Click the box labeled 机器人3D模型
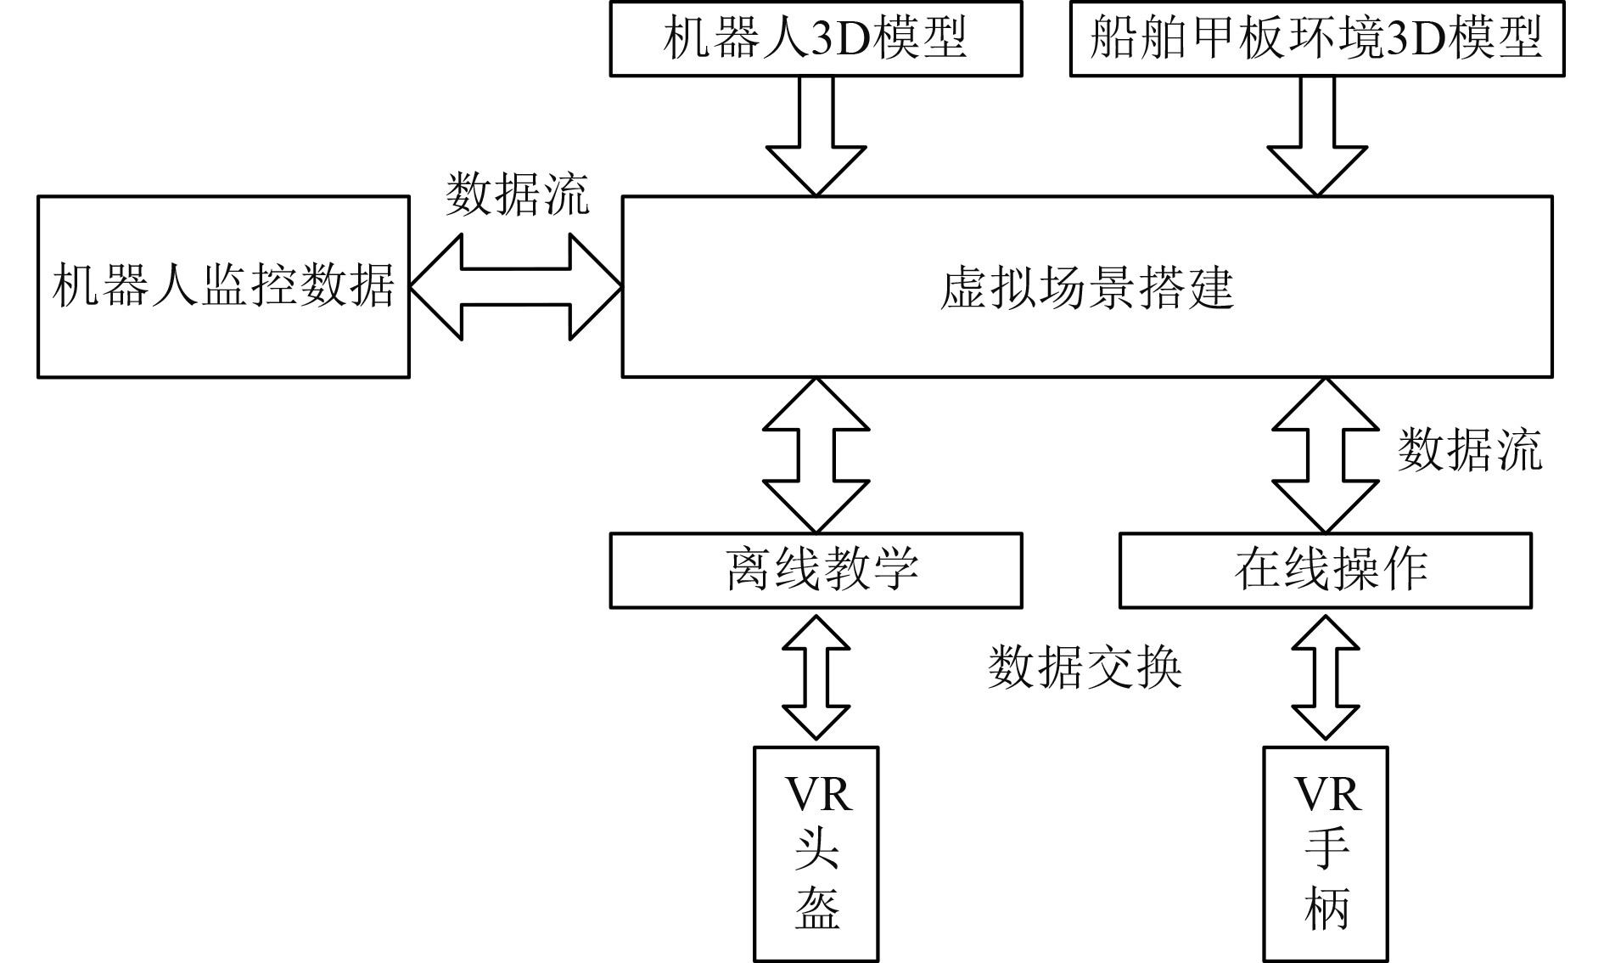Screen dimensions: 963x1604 coord(816,39)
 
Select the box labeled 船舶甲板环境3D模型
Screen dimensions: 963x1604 coord(1316,39)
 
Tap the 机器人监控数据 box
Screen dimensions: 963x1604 coord(223,286)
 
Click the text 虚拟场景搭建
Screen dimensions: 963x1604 coord(1087,288)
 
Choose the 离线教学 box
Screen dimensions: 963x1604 coord(816,570)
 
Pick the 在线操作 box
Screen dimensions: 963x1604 coord(1326,570)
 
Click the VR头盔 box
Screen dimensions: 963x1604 coord(816,853)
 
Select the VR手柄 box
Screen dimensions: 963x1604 coord(1326,853)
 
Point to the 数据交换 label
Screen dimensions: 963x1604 coord(1085,667)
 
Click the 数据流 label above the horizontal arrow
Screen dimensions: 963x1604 coord(518,194)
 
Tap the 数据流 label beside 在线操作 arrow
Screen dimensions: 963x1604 coord(1470,449)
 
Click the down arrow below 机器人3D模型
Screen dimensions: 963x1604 coord(816,140)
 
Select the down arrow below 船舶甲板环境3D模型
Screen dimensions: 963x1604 coord(1317,140)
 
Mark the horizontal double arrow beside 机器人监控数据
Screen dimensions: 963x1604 coord(516,287)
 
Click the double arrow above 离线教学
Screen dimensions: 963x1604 coord(816,455)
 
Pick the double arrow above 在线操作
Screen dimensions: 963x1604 coord(1326,455)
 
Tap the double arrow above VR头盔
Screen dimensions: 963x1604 coord(816,677)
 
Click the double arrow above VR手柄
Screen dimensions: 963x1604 coord(1326,677)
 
